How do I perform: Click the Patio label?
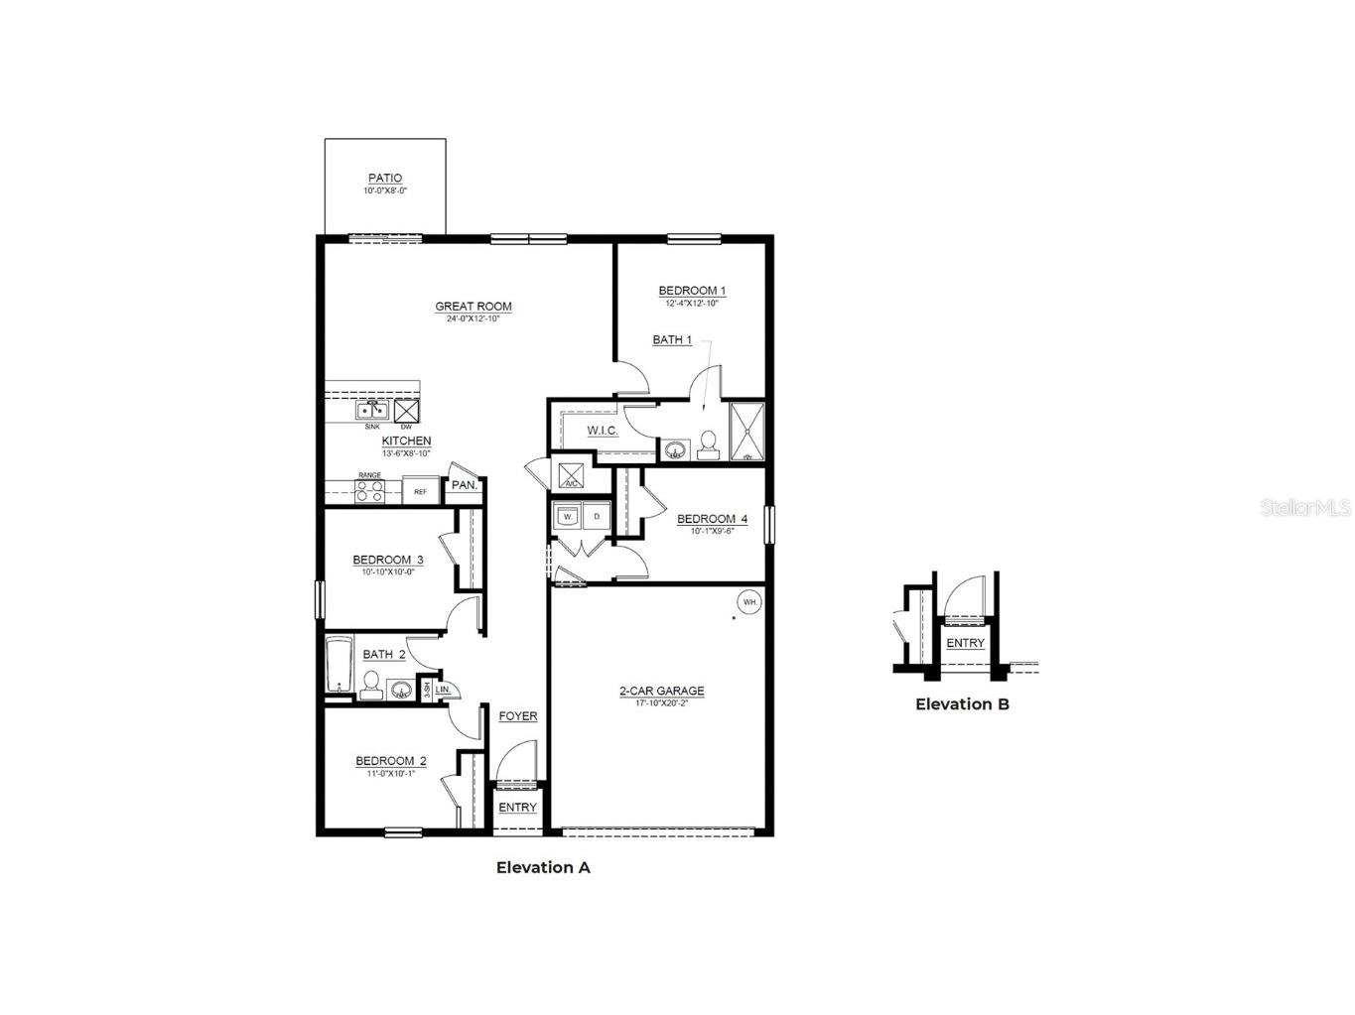385,179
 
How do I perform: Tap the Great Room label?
474,307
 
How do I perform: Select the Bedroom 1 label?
692,291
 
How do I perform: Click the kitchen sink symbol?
372,411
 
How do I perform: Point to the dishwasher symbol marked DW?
406,411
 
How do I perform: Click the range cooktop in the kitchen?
369,491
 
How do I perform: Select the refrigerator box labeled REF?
421,491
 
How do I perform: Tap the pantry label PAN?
465,485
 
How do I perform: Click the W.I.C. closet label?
602,431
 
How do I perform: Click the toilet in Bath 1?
709,445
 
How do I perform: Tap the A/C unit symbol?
572,476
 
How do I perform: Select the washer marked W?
568,516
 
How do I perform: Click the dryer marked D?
597,516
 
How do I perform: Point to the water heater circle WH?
749,601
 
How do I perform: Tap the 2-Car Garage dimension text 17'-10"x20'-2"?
661,703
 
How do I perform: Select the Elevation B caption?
962,704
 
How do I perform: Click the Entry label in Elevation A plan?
517,808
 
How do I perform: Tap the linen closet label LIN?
443,689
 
